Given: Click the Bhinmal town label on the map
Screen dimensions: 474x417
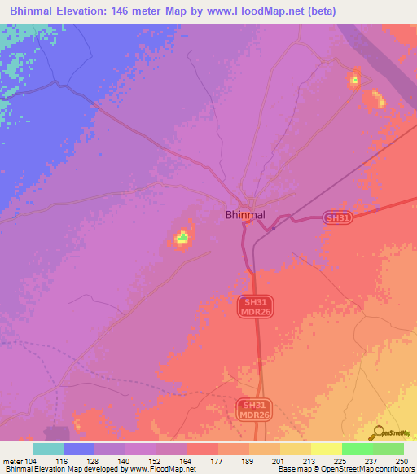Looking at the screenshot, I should click(x=244, y=216).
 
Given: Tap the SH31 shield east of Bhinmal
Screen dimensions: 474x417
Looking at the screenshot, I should click(x=337, y=218).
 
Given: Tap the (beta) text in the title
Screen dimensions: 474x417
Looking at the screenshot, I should click(x=318, y=11).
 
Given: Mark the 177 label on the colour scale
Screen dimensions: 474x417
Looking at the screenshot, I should click(x=217, y=462).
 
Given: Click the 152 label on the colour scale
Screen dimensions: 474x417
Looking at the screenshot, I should click(x=156, y=462).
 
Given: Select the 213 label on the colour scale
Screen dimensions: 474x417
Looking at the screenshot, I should click(x=310, y=462).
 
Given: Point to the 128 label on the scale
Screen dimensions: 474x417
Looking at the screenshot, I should click(x=94, y=462).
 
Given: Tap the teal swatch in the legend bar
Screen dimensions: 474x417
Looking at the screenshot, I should click(x=48, y=449).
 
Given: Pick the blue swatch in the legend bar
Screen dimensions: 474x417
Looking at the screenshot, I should click(x=79, y=449).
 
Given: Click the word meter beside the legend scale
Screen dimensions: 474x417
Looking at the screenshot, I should click(x=11, y=462).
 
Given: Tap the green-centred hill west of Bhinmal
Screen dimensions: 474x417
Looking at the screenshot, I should click(x=182, y=238).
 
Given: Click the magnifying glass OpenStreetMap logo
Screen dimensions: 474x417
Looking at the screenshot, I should click(x=377, y=432).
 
